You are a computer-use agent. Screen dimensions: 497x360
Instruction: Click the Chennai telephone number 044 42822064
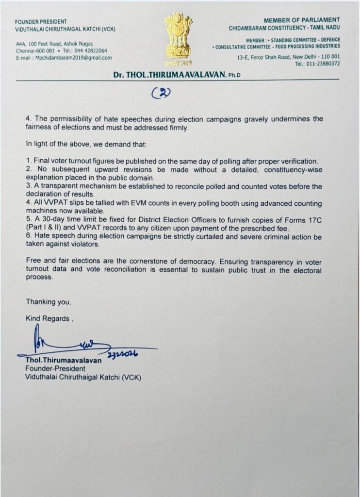coord(91,50)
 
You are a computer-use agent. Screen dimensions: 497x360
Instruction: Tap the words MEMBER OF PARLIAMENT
coord(302,21)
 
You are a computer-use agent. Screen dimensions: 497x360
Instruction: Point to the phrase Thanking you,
coord(49,302)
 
